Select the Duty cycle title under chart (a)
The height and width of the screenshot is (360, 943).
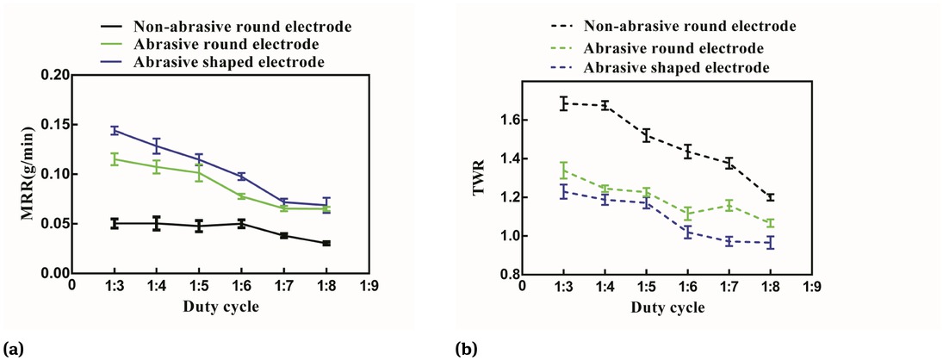click(x=223, y=306)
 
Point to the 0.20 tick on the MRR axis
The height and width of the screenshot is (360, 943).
click(x=53, y=75)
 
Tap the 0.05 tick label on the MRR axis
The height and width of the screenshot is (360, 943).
click(x=53, y=224)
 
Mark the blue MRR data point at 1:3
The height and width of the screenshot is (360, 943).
click(x=114, y=131)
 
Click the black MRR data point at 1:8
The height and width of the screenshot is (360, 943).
click(x=326, y=244)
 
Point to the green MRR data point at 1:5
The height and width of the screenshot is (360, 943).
click(x=199, y=172)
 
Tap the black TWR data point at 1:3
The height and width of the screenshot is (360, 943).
click(x=564, y=103)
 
